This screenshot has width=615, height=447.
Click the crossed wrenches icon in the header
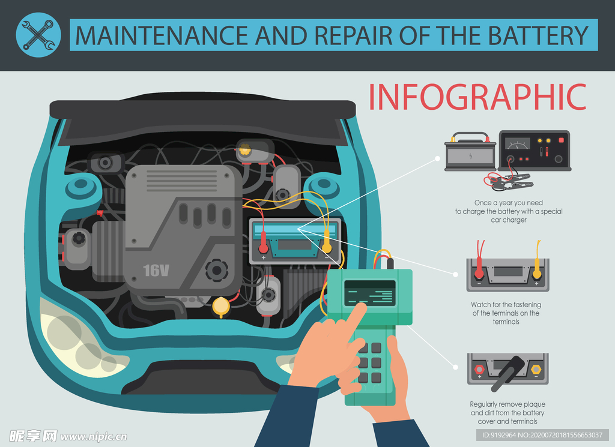coord(38,35)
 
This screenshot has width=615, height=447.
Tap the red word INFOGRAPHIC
coord(477,97)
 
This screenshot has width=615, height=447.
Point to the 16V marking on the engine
coord(156,271)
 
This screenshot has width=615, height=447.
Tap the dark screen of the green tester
coord(369,293)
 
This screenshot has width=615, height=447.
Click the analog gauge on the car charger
coord(517,143)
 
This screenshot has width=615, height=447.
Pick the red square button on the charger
coord(562,140)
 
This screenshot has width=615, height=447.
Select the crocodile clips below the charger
coord(510,181)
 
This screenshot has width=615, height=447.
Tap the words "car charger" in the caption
coord(509,220)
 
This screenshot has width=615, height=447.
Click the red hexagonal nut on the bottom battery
coord(479,369)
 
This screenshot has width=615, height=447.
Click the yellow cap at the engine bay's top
coord(245,149)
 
